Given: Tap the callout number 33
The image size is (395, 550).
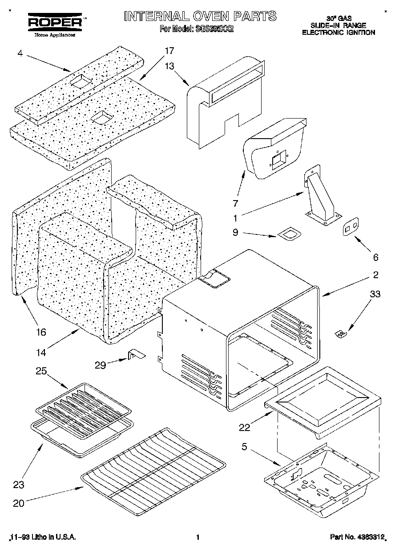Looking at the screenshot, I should tap(375, 294).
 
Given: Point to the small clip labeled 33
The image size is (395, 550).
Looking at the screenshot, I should tap(341, 333).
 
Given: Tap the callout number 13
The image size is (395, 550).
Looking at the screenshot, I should tap(169, 66).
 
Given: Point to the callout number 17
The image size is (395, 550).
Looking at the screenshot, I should tap(169, 50).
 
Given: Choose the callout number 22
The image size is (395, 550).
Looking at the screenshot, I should tap(244, 427).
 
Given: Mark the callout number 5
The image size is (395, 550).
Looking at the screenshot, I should tap(244, 447).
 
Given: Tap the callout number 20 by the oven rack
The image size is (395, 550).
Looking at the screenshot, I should tap(19, 504).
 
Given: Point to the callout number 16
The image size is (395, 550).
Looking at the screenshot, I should tap(40, 332).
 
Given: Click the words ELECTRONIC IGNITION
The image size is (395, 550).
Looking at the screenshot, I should tap(339, 33).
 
